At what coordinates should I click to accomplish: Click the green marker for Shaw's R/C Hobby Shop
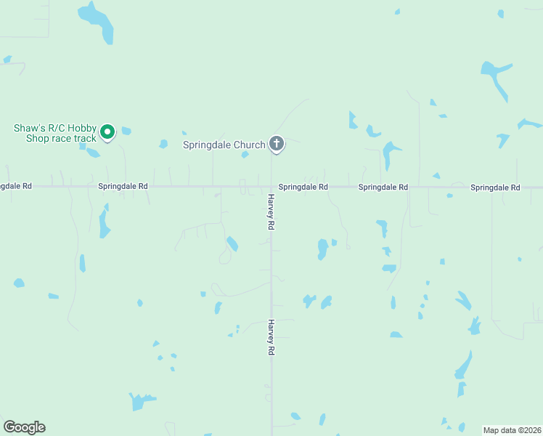pyautogui.click(x=107, y=132)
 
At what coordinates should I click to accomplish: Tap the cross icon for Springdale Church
pyautogui.click(x=276, y=143)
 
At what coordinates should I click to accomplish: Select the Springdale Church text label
pyautogui.click(x=224, y=145)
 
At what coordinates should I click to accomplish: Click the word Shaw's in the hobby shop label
pyautogui.click(x=30, y=128)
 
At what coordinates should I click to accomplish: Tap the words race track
pyautogui.click(x=78, y=138)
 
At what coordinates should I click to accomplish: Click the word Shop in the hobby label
pyautogui.click(x=39, y=138)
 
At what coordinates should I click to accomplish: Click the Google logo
pyautogui.click(x=24, y=427)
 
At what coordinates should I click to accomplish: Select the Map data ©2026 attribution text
pyautogui.click(x=512, y=429)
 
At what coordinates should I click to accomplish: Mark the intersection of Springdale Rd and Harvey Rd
pyautogui.click(x=271, y=187)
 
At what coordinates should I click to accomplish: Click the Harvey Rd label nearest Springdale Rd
pyautogui.click(x=271, y=212)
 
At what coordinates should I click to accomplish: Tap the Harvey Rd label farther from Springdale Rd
pyautogui.click(x=271, y=337)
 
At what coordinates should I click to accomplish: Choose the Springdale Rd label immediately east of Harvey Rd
pyautogui.click(x=303, y=187)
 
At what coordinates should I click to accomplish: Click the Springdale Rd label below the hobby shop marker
pyautogui.click(x=123, y=186)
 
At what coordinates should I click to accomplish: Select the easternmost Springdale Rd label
pyautogui.click(x=495, y=187)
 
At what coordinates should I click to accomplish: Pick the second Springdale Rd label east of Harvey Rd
pyautogui.click(x=383, y=187)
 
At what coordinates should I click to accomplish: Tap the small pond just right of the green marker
pyautogui.click(x=126, y=132)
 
